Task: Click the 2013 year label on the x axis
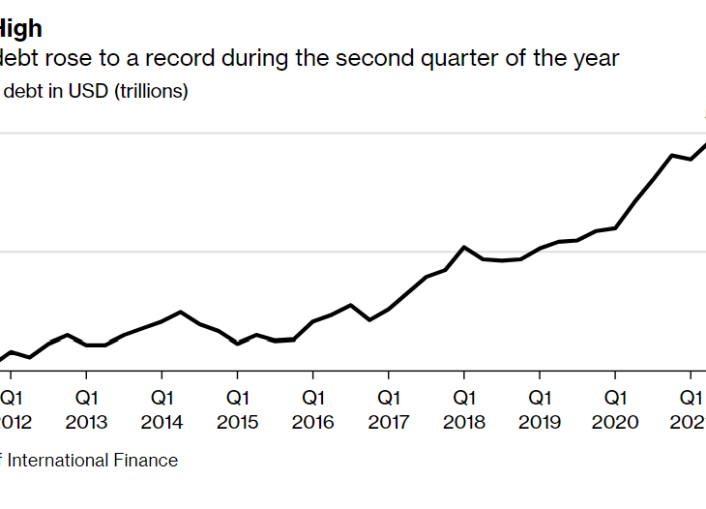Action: (x=86, y=423)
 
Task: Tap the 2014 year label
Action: (x=162, y=423)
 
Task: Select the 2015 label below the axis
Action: (x=237, y=423)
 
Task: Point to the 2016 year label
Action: (x=312, y=423)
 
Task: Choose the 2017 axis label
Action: (x=388, y=423)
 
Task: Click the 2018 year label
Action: (x=464, y=423)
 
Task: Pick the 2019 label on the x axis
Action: (x=540, y=423)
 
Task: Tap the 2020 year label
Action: (x=615, y=423)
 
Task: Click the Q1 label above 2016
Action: (x=312, y=398)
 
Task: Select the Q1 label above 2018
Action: (x=464, y=398)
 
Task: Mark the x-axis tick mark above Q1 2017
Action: (x=388, y=375)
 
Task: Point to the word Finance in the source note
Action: (x=145, y=461)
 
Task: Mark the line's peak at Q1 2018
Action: (x=464, y=247)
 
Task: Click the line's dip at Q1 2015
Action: (x=238, y=344)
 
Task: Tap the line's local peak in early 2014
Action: (x=181, y=312)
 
